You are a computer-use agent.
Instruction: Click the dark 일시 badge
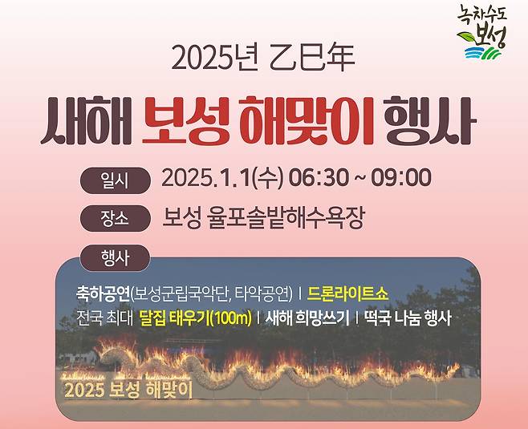[115, 180]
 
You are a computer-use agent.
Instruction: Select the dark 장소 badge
[115, 218]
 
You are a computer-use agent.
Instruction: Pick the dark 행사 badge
[115, 257]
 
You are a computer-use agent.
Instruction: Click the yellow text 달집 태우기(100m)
[195, 318]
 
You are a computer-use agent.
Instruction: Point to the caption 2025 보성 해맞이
[128, 391]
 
